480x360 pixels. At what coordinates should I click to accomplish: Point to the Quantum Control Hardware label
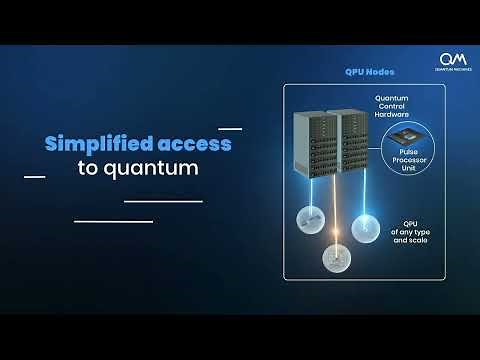pyautogui.click(x=397, y=106)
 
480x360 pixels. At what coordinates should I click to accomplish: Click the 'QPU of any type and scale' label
pyautogui.click(x=409, y=233)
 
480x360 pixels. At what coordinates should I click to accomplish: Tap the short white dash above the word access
pyautogui.click(x=230, y=129)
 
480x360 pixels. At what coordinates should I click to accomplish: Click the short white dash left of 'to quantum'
pyautogui.click(x=34, y=177)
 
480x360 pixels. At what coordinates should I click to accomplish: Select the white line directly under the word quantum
pyautogui.click(x=163, y=201)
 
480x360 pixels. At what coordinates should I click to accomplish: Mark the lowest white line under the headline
pyautogui.click(x=113, y=221)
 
